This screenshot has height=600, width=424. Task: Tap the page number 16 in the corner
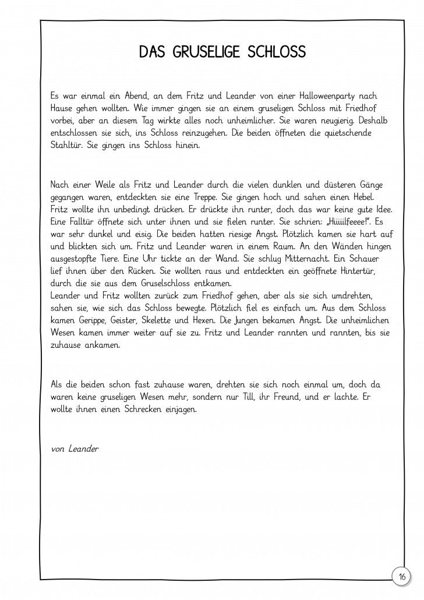[402, 577]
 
